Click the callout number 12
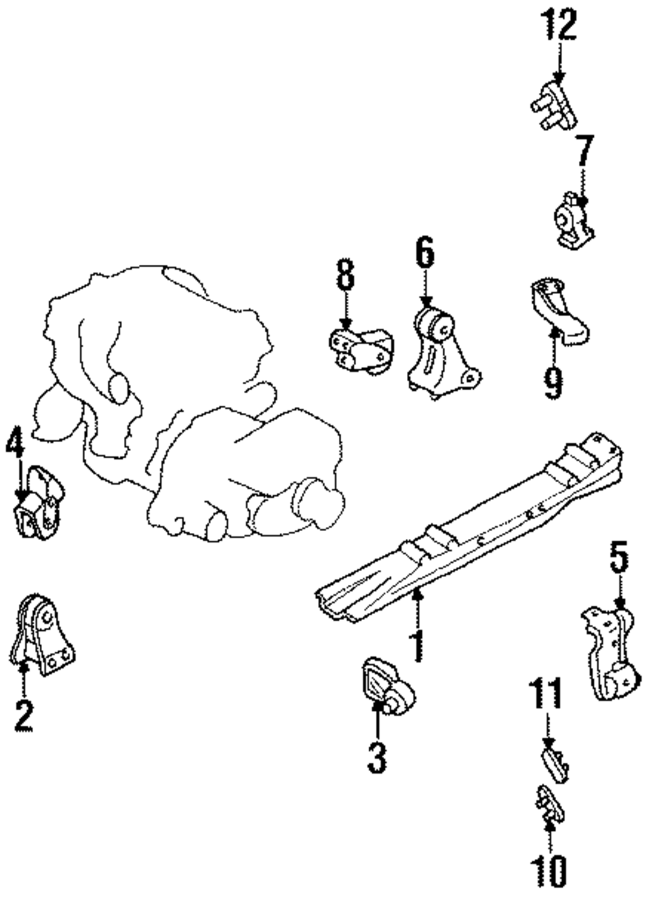coord(559,27)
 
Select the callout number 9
coord(553,382)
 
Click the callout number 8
coord(345,275)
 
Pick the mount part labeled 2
coord(43,636)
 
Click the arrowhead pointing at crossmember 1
coord(418,591)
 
